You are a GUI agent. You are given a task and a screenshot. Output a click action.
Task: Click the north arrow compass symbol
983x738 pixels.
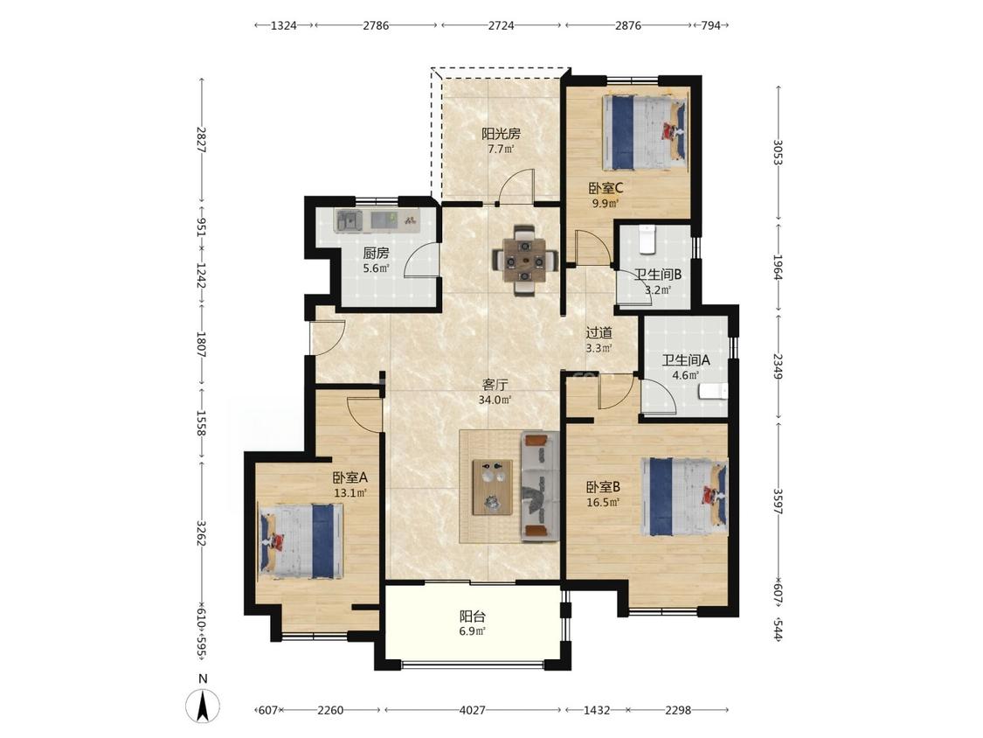pos(203,706)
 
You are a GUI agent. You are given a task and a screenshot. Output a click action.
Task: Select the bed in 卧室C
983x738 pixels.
pos(645,132)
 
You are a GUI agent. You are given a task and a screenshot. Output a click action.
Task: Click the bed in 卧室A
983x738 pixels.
pos(302,541)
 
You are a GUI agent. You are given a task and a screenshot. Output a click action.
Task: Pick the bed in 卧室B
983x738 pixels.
pos(684,497)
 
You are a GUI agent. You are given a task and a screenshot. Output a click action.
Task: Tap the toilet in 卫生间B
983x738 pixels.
pos(647,240)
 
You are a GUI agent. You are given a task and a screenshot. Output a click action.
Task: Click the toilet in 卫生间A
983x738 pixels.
pos(713,393)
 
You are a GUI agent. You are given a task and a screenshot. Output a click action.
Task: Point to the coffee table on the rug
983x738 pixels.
pos(493,487)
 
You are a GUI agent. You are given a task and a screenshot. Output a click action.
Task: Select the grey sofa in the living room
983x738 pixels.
pos(540,486)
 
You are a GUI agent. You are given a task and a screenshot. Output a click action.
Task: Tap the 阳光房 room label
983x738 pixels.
pos(501,133)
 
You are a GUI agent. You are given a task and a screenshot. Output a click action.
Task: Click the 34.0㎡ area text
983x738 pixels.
pos(495,400)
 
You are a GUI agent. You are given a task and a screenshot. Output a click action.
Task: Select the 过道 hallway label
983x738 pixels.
pos(599,332)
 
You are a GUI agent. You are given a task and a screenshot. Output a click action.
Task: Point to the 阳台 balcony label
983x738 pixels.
pos(473,616)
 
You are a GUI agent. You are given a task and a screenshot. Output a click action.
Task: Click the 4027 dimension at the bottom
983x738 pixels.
pos(472,710)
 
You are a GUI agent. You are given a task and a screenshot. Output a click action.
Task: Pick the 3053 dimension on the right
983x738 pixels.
pos(778,152)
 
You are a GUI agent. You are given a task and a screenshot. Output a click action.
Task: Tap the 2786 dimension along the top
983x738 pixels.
pos(376,25)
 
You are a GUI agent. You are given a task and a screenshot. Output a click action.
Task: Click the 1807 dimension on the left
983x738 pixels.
pos(202,345)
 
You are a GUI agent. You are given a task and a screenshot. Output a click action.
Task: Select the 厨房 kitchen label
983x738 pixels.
pos(376,254)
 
